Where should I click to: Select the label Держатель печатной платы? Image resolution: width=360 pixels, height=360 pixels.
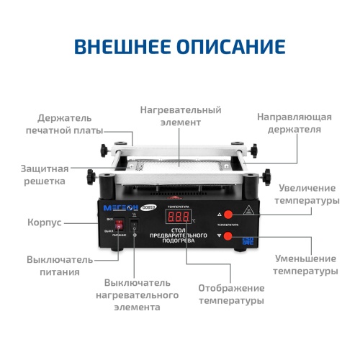pos(65,123)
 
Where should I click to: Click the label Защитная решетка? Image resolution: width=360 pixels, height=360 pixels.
pos(44,175)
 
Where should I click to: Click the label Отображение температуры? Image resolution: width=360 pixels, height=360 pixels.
pos(231,294)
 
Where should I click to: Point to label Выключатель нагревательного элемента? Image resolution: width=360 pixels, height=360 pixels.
pos(141,295)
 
